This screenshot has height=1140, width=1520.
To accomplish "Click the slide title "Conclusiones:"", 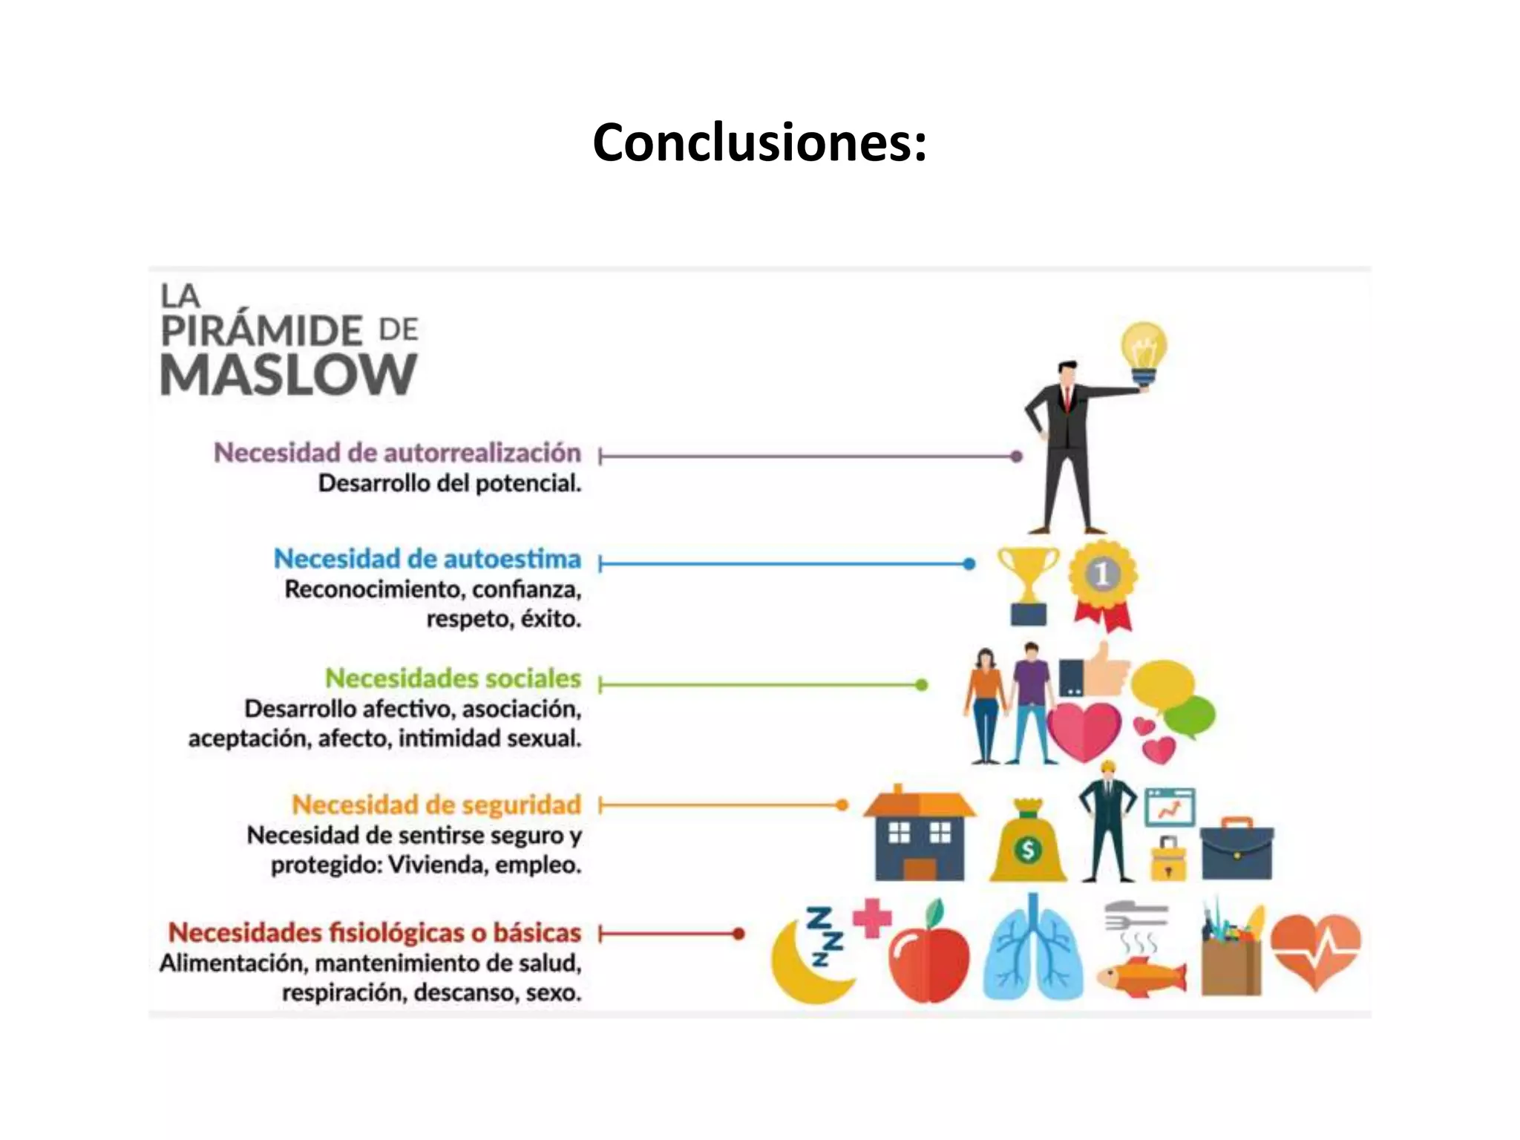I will [x=759, y=142].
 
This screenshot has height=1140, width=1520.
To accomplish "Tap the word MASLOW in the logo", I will [x=289, y=375].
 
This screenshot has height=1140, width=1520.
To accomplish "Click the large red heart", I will [x=1084, y=730].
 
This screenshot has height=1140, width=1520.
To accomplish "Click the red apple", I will [x=928, y=957].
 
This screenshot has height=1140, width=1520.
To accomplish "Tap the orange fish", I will [x=1140, y=975].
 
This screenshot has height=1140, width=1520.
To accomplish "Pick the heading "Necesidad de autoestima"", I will [x=427, y=559].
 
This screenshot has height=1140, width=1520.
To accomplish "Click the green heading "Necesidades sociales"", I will [x=453, y=678].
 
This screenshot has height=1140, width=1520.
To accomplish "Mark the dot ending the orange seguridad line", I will [x=842, y=805].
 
